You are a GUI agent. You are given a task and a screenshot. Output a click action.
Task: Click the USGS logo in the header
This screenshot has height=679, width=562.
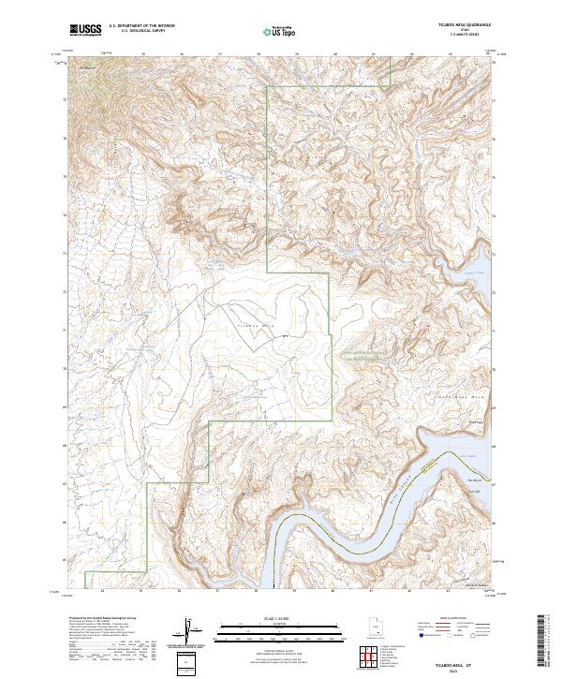click(85, 30)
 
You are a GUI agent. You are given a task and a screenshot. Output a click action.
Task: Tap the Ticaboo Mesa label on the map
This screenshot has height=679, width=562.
click(257, 326)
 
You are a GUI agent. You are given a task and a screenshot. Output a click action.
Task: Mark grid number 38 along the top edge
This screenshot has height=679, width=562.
click(258, 54)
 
